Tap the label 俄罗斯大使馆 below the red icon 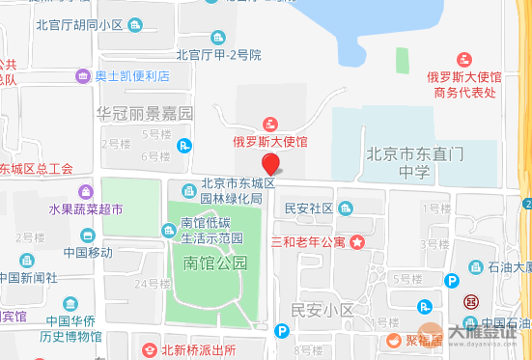[270, 142]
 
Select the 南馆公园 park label [215, 263]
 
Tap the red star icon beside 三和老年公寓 [357, 240]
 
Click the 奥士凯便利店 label [131, 75]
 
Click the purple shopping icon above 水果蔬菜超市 [86, 192]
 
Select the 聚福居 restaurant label [423, 339]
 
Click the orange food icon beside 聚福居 [394, 339]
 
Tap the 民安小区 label [322, 310]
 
